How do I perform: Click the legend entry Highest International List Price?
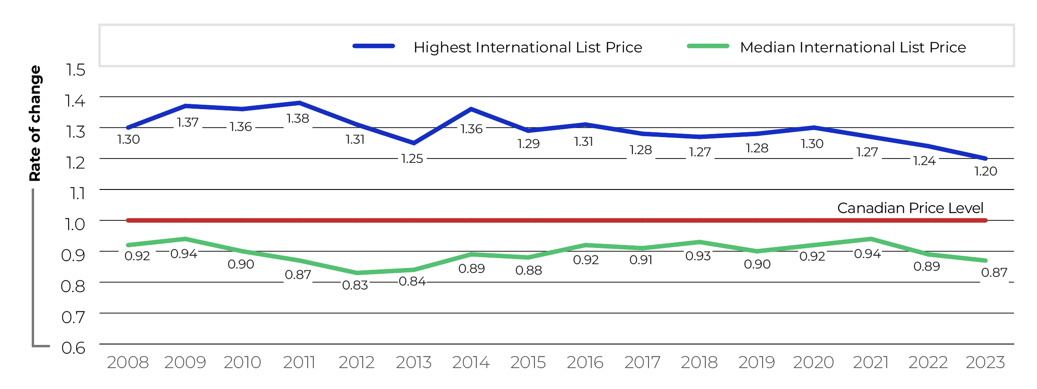pos(527,47)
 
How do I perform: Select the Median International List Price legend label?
pos(853,47)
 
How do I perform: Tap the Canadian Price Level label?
pos(910,208)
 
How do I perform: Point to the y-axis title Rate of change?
pos(35,123)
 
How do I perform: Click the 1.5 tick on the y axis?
pos(75,70)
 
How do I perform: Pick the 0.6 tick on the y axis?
pos(73,348)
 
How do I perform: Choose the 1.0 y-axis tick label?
pos(75,224)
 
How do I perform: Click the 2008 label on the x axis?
pos(128,362)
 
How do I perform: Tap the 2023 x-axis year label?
pos(985,362)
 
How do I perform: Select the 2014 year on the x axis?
pos(471,362)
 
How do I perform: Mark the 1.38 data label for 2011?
pos(298,118)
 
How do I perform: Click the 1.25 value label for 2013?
pos(412,158)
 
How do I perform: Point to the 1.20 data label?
pos(985,171)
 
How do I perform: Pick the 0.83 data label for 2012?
pos(355,285)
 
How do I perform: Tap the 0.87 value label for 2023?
pos(994,272)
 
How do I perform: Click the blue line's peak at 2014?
pos(471,109)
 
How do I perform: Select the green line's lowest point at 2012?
pos(357,273)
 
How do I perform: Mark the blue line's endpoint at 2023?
pos(985,158)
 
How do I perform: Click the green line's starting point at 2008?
pos(128,245)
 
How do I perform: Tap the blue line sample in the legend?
pos(374,46)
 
